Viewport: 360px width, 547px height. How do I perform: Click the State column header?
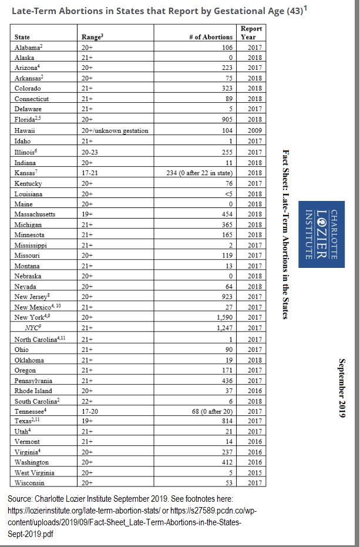pyautogui.click(x=22, y=38)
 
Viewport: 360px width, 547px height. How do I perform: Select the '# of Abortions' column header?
pyautogui.click(x=210, y=38)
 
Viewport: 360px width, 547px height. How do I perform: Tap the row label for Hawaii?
pyautogui.click(x=24, y=130)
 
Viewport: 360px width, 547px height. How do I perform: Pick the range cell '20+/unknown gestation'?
pyautogui.click(x=115, y=130)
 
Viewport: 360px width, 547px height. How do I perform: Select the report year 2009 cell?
pyautogui.click(x=254, y=130)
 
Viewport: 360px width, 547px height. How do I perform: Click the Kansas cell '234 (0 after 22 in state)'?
pyautogui.click(x=200, y=173)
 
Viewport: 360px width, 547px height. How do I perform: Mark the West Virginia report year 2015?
pyautogui.click(x=254, y=472)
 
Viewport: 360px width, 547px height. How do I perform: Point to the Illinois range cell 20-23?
pyautogui.click(x=91, y=152)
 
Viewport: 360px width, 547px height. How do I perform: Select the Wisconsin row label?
pyautogui.click(x=29, y=482)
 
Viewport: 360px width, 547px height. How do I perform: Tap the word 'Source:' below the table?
pyautogui.click(x=21, y=499)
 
